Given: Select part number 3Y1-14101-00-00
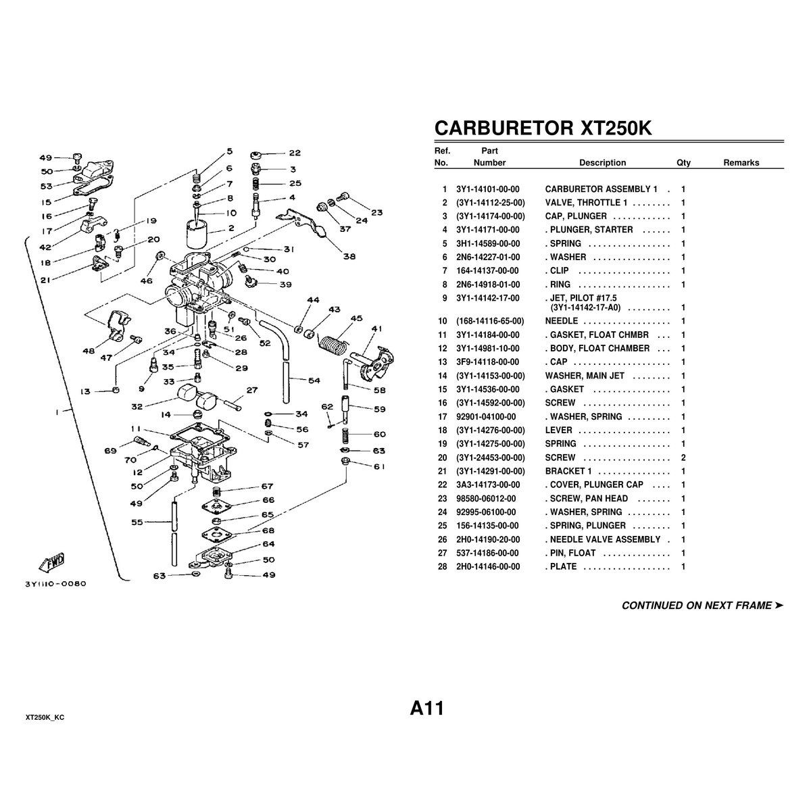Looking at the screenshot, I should pyautogui.click(x=487, y=189).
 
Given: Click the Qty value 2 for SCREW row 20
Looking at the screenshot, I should pyautogui.click(x=683, y=458).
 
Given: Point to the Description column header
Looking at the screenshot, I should pyautogui.click(x=602, y=163).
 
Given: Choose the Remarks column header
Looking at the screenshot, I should pyautogui.click(x=741, y=163).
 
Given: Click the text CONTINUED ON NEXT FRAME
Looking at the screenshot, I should pyautogui.click(x=697, y=606).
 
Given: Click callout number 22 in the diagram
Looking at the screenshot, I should pyautogui.click(x=295, y=153).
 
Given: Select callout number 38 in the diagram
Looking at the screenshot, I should pyautogui.click(x=349, y=256).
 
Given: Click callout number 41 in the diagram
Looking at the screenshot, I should pyautogui.click(x=377, y=329).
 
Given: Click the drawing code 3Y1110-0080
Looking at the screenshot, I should pyautogui.click(x=55, y=583).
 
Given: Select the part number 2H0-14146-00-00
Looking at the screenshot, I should pyautogui.click(x=487, y=566).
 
